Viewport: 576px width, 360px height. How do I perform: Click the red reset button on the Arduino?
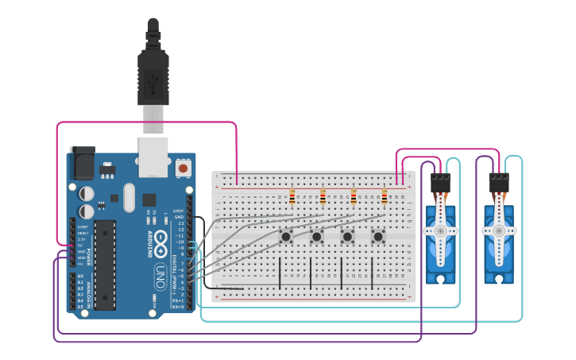coord(184,168)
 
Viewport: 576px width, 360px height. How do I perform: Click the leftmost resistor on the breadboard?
coord(292,196)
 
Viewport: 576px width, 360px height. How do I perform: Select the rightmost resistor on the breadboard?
coord(385,196)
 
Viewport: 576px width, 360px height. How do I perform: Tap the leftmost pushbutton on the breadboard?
coord(285,236)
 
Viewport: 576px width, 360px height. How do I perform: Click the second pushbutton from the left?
coord(316,236)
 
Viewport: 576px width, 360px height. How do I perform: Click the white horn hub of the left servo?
coord(439,230)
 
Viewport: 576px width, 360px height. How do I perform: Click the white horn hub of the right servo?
coord(498,230)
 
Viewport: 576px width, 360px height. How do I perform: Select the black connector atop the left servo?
coord(439,183)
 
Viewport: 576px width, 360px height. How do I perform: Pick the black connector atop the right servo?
coord(498,183)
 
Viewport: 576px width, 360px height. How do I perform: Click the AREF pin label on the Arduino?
coord(179,211)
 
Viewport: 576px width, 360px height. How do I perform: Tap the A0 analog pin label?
coord(81,277)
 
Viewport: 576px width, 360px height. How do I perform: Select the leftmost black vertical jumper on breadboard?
coord(279,273)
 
